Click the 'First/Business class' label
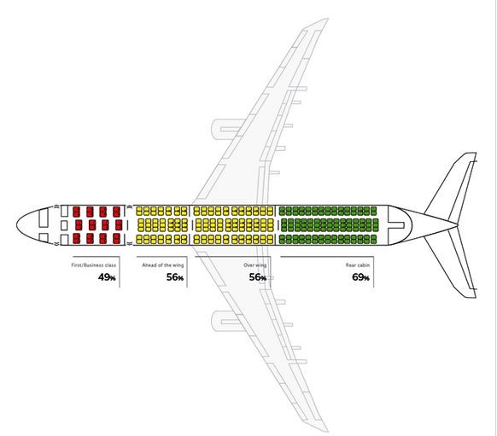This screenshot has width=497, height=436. click(x=93, y=265)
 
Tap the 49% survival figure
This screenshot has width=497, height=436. click(x=107, y=277)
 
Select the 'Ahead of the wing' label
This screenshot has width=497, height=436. click(x=162, y=265)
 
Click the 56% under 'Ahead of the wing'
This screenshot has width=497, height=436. click(x=175, y=277)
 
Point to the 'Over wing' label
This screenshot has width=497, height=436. click(x=254, y=265)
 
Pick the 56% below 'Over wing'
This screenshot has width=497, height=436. click(x=257, y=277)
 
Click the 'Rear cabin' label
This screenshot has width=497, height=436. click(x=358, y=265)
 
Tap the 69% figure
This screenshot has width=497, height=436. click(x=360, y=277)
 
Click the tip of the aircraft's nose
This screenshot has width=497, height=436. click(x=16, y=224)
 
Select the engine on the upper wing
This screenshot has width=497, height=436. click(x=226, y=129)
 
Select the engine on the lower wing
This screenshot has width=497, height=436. click(x=226, y=321)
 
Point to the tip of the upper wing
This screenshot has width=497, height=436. click(x=326, y=20)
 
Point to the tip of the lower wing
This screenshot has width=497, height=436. click(x=326, y=431)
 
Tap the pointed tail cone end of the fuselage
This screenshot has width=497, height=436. click(x=457, y=225)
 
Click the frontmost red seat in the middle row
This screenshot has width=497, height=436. click(x=79, y=224)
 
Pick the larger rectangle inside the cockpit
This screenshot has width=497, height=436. click(x=44, y=218)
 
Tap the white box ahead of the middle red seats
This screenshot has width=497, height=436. click(x=64, y=225)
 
